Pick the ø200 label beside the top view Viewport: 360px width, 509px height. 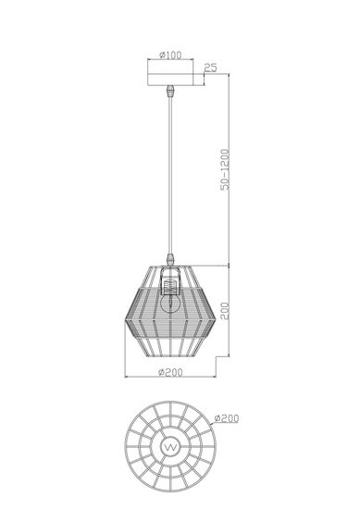(229, 419)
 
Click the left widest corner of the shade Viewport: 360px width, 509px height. (127, 314)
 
